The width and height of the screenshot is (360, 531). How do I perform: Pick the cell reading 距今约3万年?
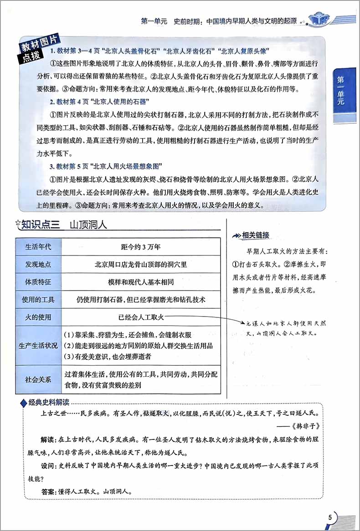[141, 247]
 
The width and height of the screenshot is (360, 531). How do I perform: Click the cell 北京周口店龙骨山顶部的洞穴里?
[141, 265]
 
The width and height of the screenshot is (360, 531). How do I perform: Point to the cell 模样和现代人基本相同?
[141, 282]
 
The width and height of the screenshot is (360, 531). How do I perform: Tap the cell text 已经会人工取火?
[141, 317]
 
